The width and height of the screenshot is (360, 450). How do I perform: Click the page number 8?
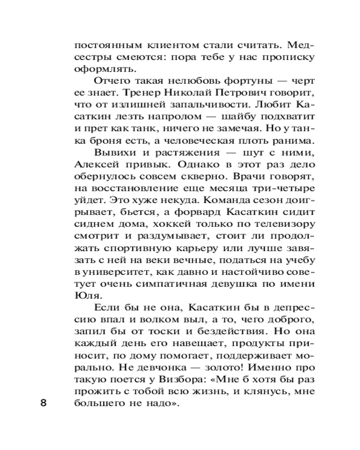pyautogui.click(x=44, y=402)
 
